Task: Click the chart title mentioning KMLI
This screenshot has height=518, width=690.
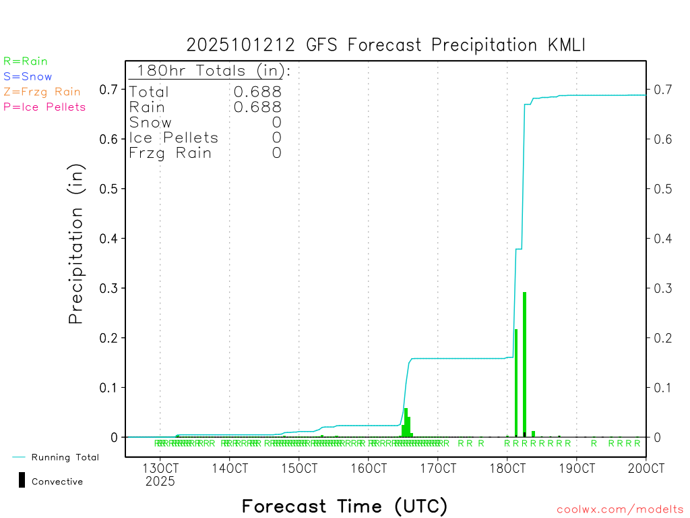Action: click(x=386, y=45)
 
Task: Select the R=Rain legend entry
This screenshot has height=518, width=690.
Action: click(x=26, y=61)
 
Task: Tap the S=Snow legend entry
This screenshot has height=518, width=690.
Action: click(x=28, y=77)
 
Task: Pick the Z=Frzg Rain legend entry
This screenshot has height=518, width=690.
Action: click(x=42, y=92)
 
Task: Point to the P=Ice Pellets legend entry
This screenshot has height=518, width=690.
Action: click(x=44, y=107)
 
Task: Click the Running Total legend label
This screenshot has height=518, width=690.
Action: click(x=65, y=457)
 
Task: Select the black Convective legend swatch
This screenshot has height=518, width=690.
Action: click(x=22, y=480)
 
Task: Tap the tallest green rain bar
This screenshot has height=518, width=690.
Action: click(x=524, y=364)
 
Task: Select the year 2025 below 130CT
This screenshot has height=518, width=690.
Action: click(x=160, y=482)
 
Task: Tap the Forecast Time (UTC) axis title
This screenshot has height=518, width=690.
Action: click(x=344, y=506)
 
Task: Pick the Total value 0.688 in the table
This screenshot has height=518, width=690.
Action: click(x=257, y=92)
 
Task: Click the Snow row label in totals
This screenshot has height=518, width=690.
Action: click(x=150, y=123)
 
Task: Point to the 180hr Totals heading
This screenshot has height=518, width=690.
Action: click(x=210, y=70)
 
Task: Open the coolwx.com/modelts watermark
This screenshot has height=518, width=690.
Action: click(x=620, y=510)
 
